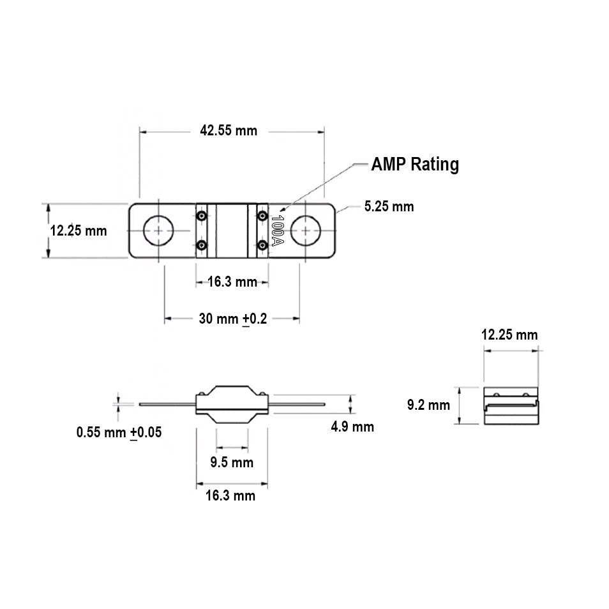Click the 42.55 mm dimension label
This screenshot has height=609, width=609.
coord(229,131)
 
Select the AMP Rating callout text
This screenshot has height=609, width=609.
coord(415,165)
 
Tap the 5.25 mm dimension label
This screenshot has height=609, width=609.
coord(388,206)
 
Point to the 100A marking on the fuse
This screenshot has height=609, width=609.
coord(277,230)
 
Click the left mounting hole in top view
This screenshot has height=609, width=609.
coord(156,230)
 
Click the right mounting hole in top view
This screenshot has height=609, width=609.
coord(307,230)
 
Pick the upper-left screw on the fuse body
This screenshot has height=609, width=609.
coord(202,216)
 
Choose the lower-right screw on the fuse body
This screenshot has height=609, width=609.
coord(262,245)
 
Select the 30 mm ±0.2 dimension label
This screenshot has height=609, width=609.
coord(232,319)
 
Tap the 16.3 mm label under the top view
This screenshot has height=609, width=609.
coord(232,282)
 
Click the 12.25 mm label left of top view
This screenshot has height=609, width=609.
coord(79,230)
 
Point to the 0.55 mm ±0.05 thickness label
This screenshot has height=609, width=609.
coord(119,432)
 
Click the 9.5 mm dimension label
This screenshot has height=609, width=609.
coord(232,462)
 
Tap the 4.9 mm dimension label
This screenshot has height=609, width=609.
coord(352,426)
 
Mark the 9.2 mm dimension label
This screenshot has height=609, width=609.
coord(428,405)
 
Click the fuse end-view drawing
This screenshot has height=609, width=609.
coord(511,405)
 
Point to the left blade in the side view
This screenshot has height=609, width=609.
coord(165,404)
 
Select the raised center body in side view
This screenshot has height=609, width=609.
coord(232,403)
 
